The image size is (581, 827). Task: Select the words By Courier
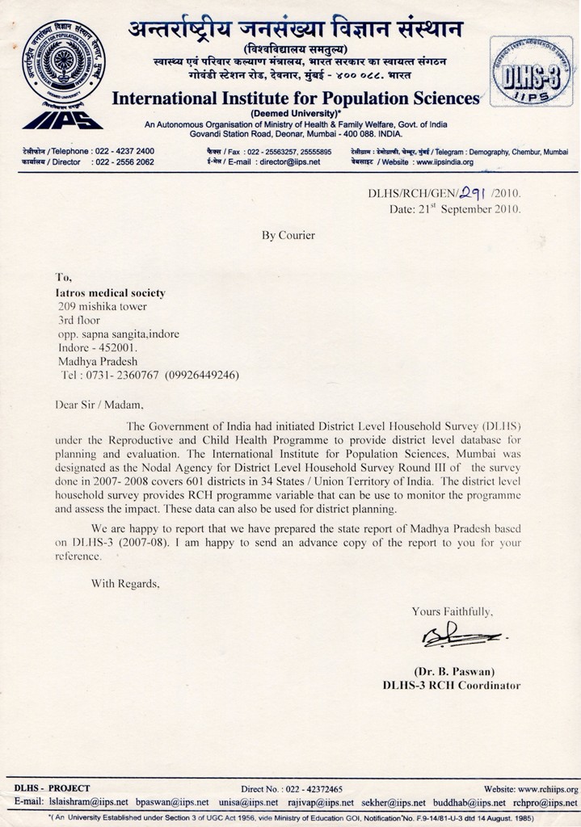[x=288, y=235]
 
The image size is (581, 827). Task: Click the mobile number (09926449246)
[x=202, y=376]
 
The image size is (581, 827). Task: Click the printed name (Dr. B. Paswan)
[x=453, y=671]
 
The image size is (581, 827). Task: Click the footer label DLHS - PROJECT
[x=53, y=788]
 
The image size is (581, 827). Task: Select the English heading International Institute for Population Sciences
[x=296, y=99]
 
